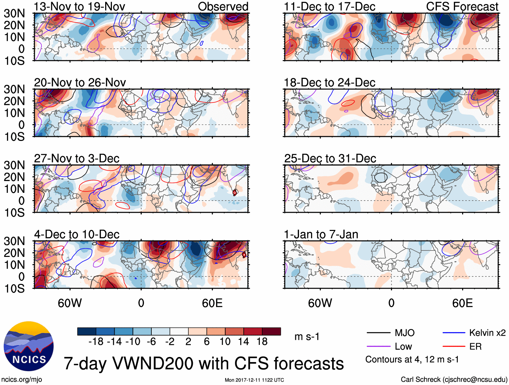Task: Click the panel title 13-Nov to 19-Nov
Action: click(80, 6)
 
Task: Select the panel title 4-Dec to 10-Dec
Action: click(77, 234)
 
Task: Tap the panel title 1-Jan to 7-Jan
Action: click(321, 234)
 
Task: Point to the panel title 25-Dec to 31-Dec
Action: click(330, 158)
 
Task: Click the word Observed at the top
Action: click(223, 6)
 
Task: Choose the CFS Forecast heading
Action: click(462, 6)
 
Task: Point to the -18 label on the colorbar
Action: click(96, 342)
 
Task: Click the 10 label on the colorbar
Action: click(225, 342)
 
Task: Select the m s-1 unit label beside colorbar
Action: click(307, 337)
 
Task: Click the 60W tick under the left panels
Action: click(70, 303)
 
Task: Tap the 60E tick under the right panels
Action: click(462, 303)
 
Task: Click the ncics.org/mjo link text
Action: click(22, 380)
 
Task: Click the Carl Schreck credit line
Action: click(454, 380)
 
